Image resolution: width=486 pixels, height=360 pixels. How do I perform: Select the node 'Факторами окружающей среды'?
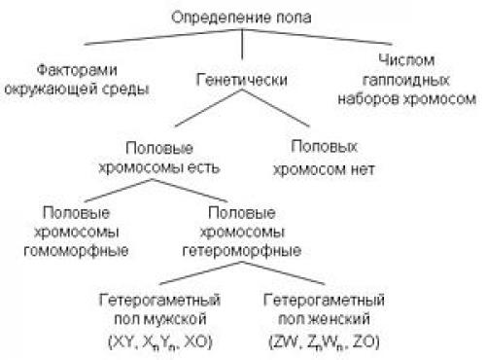coord(82,80)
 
